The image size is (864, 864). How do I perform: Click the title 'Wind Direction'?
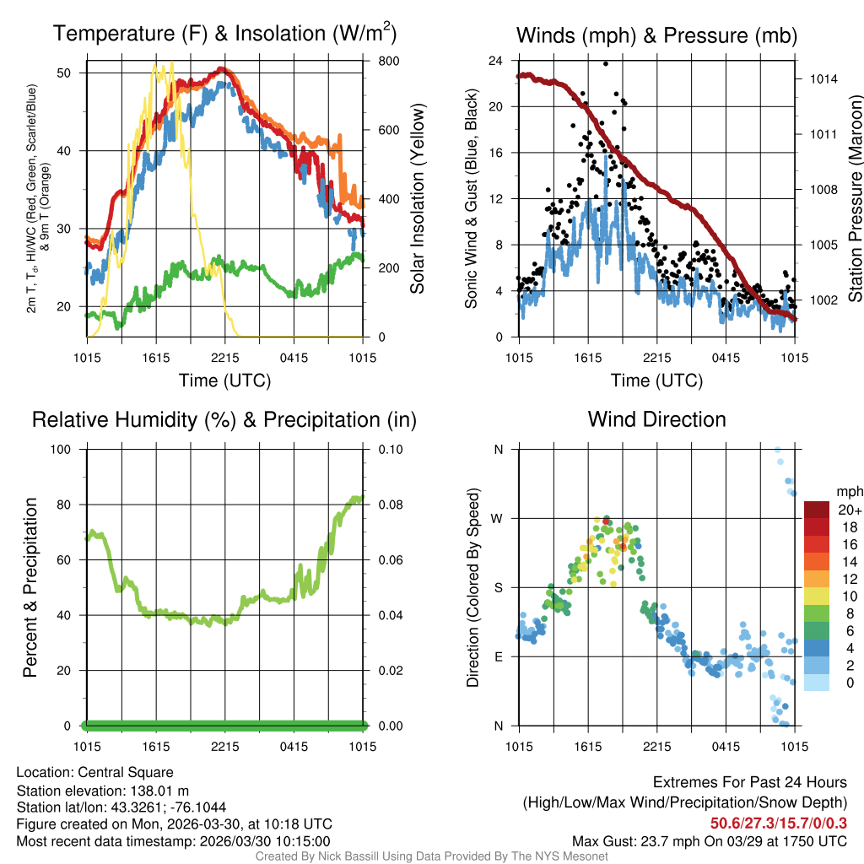click(x=656, y=419)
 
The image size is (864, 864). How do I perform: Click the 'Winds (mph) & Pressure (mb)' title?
click(x=656, y=35)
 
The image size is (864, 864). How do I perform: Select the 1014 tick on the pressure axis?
click(x=822, y=79)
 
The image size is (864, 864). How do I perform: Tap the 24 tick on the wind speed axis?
click(x=497, y=61)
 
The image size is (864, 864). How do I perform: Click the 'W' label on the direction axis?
click(x=498, y=518)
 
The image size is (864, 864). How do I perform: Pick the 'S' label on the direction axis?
click(x=499, y=587)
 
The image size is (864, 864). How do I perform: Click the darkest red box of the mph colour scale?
click(x=818, y=510)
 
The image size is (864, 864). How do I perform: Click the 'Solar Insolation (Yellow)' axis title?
click(x=418, y=198)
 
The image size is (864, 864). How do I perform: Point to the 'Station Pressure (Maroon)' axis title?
click(x=856, y=198)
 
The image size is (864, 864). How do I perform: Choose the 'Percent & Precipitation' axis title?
click(x=30, y=587)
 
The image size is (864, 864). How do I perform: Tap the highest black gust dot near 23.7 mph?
click(x=606, y=64)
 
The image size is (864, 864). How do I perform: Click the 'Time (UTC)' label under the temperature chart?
click(x=224, y=381)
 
